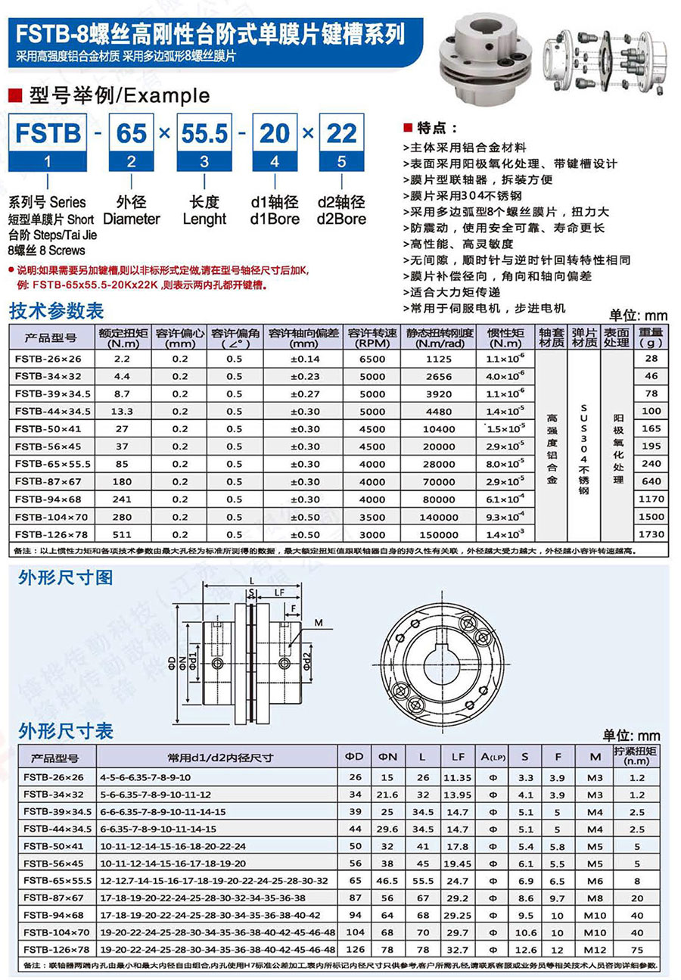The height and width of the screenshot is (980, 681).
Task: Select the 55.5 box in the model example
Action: pos(204,134)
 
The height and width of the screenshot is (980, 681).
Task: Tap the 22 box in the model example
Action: pos(341,134)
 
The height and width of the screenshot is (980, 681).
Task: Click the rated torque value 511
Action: pos(122,534)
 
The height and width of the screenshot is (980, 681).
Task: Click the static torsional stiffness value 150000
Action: pos(439,534)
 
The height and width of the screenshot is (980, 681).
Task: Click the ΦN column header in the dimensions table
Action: pos(388,757)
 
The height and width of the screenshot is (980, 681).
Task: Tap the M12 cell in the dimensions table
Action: pos(594,949)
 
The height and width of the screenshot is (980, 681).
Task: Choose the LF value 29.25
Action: pos(458,915)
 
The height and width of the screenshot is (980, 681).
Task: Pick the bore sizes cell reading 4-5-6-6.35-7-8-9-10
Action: pos(145,777)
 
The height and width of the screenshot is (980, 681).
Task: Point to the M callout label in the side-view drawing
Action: pos(318,623)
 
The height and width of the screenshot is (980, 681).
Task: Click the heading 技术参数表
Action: pos(56,312)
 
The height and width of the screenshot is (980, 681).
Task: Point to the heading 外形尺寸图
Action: pos(65,579)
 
